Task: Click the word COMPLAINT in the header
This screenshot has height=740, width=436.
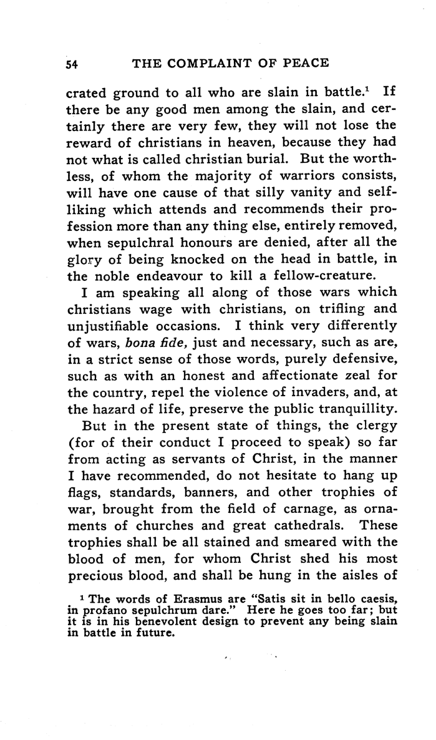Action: [211, 64]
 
